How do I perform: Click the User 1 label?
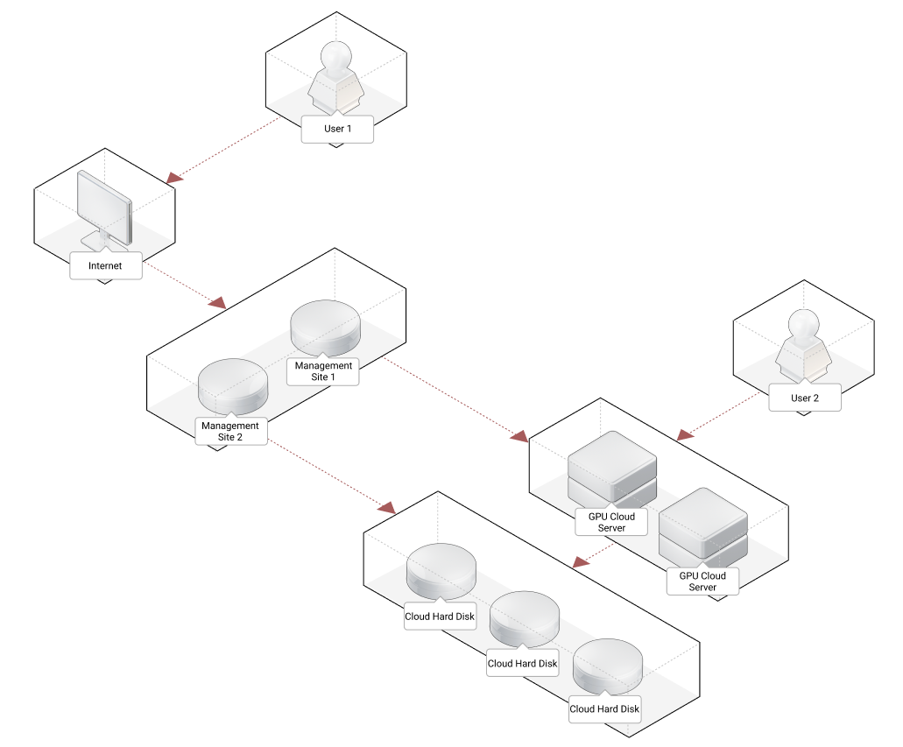[x=337, y=129]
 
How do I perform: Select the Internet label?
[x=105, y=265]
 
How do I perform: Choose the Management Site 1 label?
[x=324, y=371]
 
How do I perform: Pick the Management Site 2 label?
[x=230, y=431]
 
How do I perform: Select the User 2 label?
[x=805, y=398]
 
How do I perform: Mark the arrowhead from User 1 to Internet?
[x=175, y=178]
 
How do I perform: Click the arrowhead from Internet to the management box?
[x=218, y=303]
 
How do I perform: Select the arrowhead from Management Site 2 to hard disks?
[x=386, y=507]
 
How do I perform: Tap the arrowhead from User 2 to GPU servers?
[x=685, y=433]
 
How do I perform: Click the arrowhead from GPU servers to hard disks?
[x=579, y=560]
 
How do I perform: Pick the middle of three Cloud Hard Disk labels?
[x=522, y=663]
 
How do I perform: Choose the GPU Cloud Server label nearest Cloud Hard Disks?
[x=611, y=522]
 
